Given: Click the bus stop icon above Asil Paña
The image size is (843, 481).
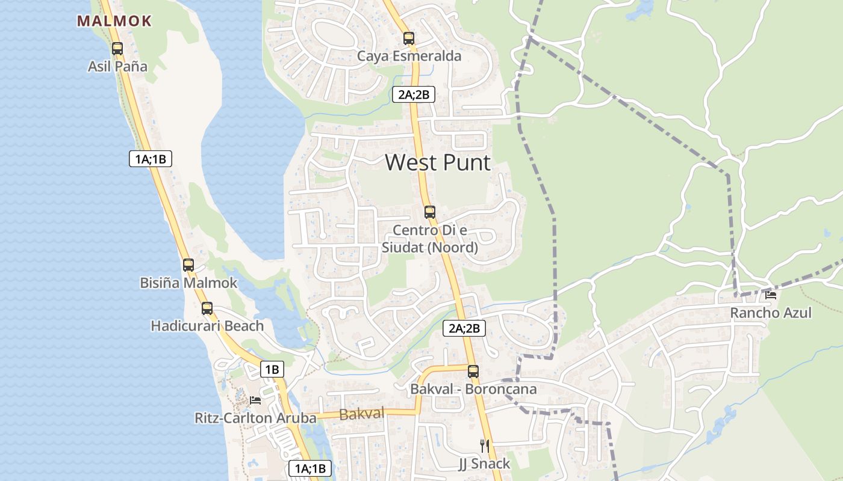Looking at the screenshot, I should [117, 49].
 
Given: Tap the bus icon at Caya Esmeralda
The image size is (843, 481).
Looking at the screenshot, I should [409, 38].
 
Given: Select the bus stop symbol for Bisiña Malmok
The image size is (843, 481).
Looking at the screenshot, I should [188, 265].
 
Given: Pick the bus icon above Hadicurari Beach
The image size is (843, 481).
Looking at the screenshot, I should [207, 308].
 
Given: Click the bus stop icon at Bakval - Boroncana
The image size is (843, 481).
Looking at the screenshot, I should [473, 372].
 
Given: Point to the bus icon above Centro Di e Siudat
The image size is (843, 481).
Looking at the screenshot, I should [429, 212].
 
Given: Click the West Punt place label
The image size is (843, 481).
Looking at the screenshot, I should [438, 163].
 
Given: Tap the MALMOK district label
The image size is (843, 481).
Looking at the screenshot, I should [114, 21].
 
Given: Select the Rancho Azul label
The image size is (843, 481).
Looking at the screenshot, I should [771, 313].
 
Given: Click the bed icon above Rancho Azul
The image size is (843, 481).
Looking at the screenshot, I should [771, 295].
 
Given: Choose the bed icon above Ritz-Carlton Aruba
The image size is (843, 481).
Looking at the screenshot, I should [255, 400].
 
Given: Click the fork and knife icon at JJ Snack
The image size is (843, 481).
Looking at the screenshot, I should [484, 446].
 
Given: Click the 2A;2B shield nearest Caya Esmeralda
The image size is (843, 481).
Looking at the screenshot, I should [414, 94].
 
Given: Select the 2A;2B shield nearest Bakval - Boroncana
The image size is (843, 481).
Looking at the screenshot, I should [464, 328].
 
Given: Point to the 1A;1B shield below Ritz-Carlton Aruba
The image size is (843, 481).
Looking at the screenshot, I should [310, 468].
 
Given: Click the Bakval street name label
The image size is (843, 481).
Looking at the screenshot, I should [362, 414].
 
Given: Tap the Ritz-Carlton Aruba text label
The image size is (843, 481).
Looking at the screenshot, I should [255, 418].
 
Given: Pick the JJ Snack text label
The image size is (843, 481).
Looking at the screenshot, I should [484, 464].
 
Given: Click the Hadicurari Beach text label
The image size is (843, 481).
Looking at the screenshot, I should [207, 326].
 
